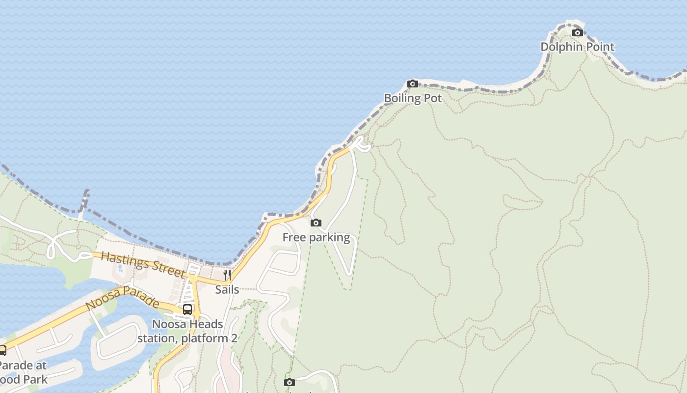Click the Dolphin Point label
[577, 47]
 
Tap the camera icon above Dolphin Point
[578, 33]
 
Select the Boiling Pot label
[413, 98]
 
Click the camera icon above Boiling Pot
[413, 84]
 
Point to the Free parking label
[316, 238]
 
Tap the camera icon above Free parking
[316, 223]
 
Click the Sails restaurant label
[227, 290]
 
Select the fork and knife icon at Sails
[227, 275]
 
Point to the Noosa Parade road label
[122, 297]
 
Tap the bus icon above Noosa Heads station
[187, 309]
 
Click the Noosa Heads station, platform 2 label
[187, 332]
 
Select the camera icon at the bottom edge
[290, 382]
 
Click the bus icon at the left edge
[2, 351]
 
